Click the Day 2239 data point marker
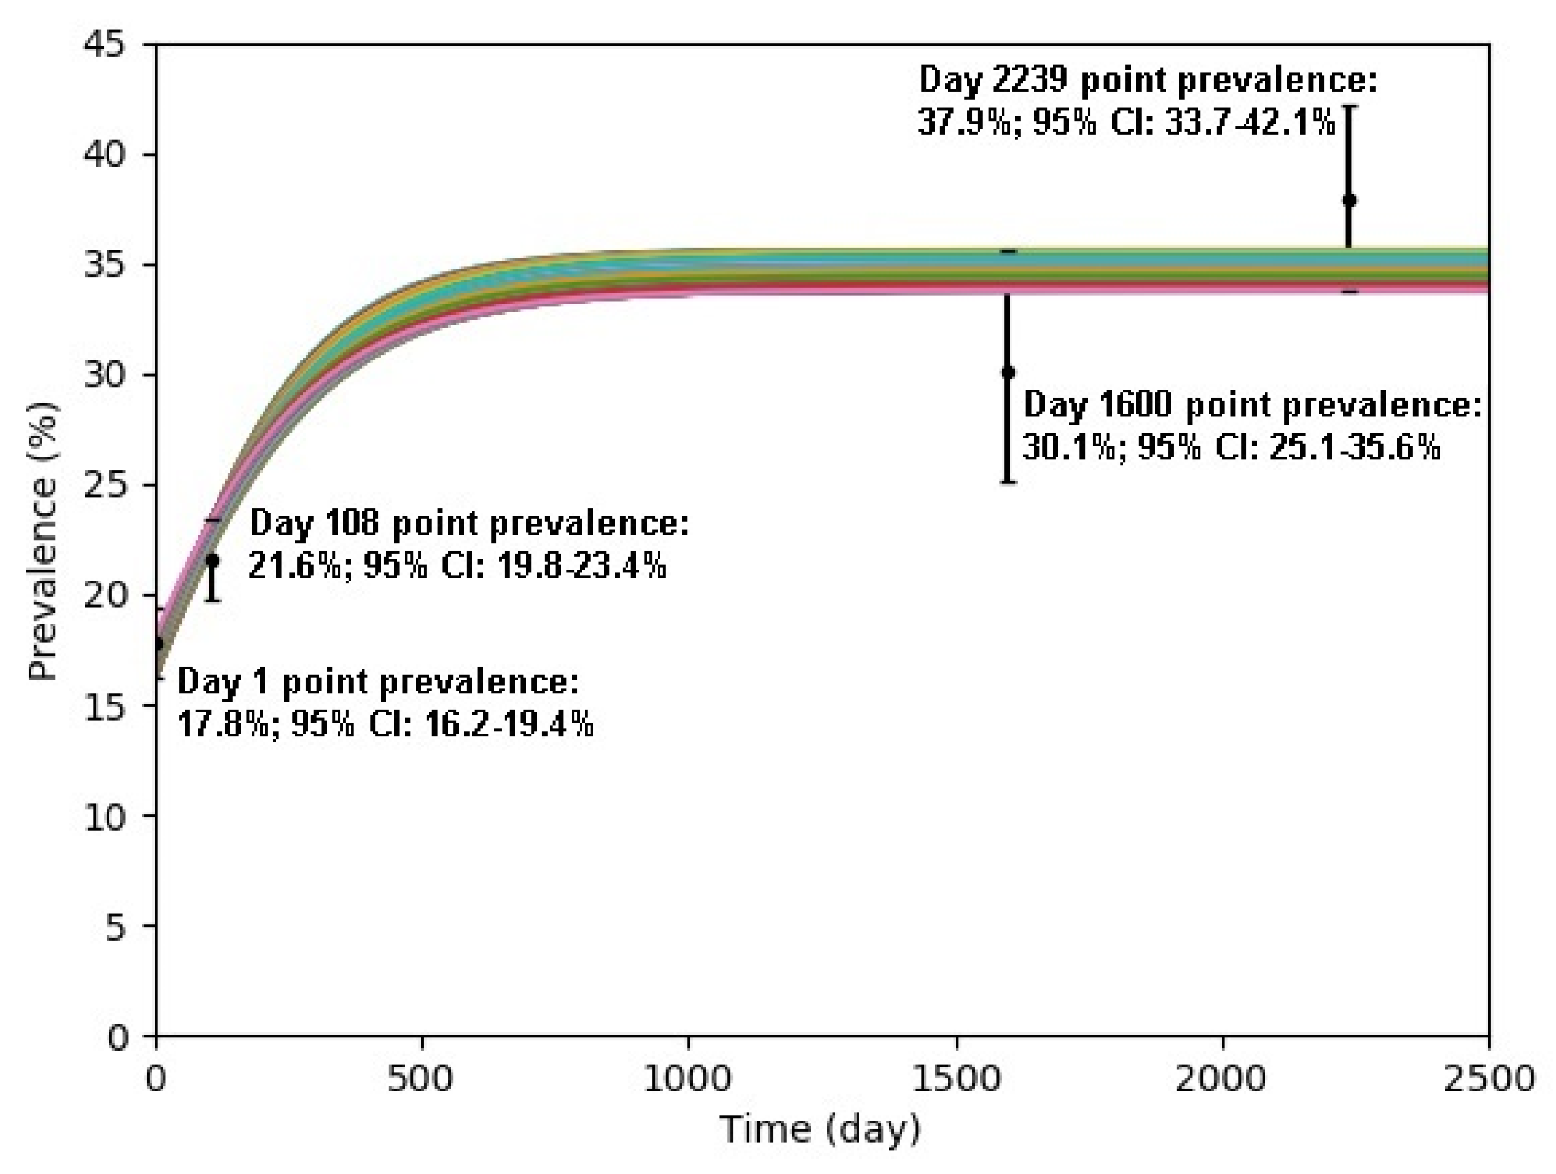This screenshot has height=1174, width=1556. pyautogui.click(x=1349, y=200)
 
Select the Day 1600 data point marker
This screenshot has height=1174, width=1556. pyautogui.click(x=1007, y=372)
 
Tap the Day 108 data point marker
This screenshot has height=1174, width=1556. pyautogui.click(x=213, y=560)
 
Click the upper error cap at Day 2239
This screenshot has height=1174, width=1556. pyautogui.click(x=1349, y=107)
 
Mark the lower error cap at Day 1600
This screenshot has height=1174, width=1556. pyautogui.click(x=1007, y=483)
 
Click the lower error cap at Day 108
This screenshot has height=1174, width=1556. pyautogui.click(x=213, y=600)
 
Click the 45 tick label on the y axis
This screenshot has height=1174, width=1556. pyautogui.click(x=105, y=45)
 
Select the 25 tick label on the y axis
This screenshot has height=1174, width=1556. pyautogui.click(x=105, y=485)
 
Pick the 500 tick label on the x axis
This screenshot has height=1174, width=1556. pyautogui.click(x=420, y=1078)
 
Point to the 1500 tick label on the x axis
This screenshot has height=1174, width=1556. pyautogui.click(x=956, y=1078)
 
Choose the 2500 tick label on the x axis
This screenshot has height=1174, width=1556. pyautogui.click(x=1488, y=1078)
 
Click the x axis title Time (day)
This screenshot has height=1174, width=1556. pyautogui.click(x=820, y=1130)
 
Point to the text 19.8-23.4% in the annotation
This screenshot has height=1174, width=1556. pyautogui.click(x=582, y=565)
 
